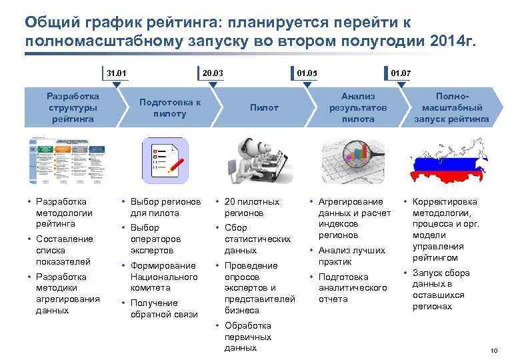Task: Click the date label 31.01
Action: pyautogui.click(x=116, y=72)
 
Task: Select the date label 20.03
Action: pyautogui.click(x=212, y=72)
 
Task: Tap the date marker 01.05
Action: pyautogui.click(x=307, y=72)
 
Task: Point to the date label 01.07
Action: pyautogui.click(x=401, y=72)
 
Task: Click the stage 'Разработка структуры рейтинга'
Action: pyautogui.click(x=73, y=107)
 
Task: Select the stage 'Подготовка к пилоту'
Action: pyautogui.click(x=169, y=107)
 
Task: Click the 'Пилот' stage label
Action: pyautogui.click(x=264, y=107)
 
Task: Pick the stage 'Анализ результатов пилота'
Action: pyautogui.click(x=358, y=107)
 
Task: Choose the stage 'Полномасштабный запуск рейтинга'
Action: pyautogui.click(x=451, y=107)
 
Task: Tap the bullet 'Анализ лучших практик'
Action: pyautogui.click(x=351, y=256)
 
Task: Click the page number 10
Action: pyautogui.click(x=494, y=351)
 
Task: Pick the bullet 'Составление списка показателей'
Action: pyautogui.click(x=64, y=250)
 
